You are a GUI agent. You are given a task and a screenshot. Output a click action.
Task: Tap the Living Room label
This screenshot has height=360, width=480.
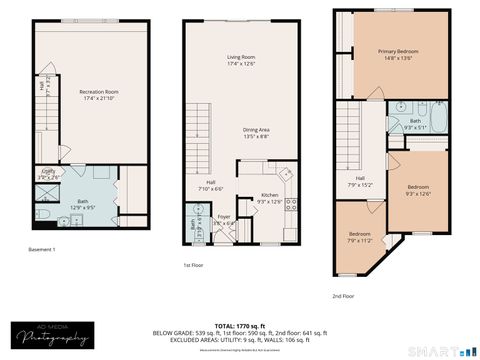pyautogui.click(x=241, y=61)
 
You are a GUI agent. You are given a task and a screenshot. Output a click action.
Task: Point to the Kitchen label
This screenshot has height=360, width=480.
pyautogui.click(x=270, y=198)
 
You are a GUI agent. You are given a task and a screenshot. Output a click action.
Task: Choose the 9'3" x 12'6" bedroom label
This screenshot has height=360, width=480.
pyautogui.click(x=417, y=191)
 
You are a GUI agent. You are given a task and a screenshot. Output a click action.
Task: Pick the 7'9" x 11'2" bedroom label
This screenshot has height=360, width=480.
pyautogui.click(x=359, y=237)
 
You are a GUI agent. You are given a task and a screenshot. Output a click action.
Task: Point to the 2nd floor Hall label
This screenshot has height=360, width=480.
pyautogui.click(x=358, y=181)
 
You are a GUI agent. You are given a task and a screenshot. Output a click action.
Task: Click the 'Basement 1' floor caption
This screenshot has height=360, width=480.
pyautogui.click(x=41, y=249)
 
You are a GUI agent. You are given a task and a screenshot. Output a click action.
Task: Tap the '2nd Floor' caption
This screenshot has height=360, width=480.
pyautogui.click(x=344, y=296)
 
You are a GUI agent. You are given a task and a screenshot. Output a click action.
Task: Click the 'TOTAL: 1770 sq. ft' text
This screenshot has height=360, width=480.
pyautogui.click(x=240, y=325)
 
